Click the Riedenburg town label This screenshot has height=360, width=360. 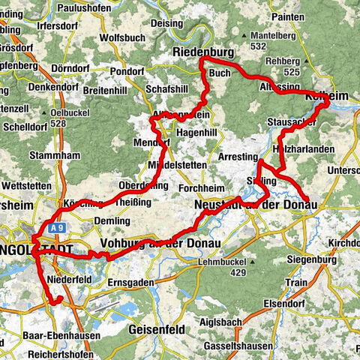203,52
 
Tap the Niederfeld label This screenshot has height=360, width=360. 68,280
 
